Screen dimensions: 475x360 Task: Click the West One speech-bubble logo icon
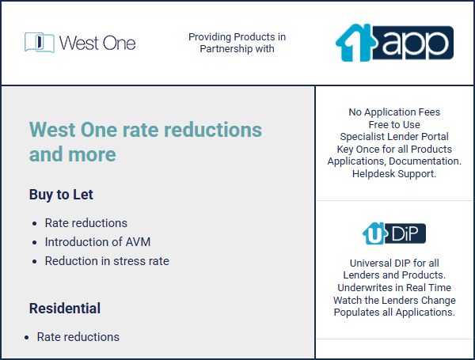coord(40,43)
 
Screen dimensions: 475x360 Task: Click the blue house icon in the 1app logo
coord(355,43)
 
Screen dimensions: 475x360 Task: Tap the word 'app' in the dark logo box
coord(416,44)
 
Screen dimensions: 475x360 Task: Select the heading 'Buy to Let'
coord(61,195)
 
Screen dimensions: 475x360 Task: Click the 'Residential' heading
coord(65,309)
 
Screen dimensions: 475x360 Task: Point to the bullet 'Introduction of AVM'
coord(97,242)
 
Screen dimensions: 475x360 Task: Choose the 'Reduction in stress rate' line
coord(107,261)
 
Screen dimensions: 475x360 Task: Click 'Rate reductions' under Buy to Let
coord(86,223)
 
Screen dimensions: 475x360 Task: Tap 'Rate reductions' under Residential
coord(78,337)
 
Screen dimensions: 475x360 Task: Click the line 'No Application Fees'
coord(394,112)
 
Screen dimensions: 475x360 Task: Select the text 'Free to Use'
coord(394,124)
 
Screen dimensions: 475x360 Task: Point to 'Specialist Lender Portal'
coord(394,137)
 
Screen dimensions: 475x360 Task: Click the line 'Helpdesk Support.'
coord(394,174)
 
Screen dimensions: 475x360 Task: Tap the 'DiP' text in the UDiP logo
coord(405,233)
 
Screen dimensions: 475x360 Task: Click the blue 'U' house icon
coord(374,233)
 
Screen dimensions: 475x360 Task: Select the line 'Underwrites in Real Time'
coord(394,288)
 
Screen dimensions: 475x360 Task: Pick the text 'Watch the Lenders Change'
coord(394,300)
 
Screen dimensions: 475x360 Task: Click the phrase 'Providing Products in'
coord(237,37)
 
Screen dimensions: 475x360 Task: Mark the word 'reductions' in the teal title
coord(213,130)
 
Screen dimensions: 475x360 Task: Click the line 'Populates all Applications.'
coord(394,313)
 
